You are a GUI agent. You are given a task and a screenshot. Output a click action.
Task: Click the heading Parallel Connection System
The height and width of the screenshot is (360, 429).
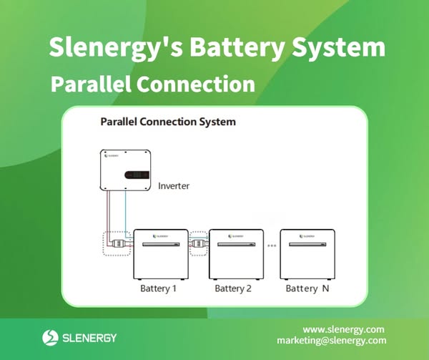click(x=167, y=122)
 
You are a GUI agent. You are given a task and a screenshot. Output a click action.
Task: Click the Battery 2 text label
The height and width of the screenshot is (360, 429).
click(x=233, y=288)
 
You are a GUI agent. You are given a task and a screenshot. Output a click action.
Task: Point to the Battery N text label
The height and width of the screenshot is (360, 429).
click(x=307, y=288)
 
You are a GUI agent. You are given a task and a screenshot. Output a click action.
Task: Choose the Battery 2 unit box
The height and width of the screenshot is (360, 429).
click(x=235, y=254)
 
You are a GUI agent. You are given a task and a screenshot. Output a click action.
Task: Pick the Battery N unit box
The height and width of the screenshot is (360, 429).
click(x=308, y=254)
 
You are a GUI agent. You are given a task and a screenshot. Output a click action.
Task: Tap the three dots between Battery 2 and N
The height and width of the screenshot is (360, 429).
click(x=272, y=245)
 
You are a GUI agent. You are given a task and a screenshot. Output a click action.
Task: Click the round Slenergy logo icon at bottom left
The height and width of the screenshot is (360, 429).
click(x=50, y=336)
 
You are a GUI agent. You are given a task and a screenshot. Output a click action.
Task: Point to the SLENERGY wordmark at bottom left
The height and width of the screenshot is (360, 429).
click(x=89, y=337)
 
